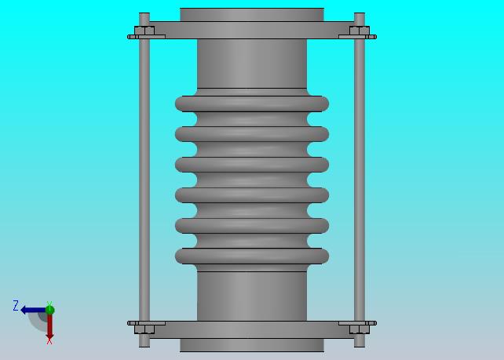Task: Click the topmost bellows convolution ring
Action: coord(252,104)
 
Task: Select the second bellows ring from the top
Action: coord(252,134)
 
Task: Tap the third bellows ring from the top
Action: coord(252,165)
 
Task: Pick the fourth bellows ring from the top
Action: coord(252,195)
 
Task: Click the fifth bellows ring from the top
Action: coord(252,225)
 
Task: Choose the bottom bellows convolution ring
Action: coord(252,256)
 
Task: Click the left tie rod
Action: coord(144,180)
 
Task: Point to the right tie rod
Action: coord(360,180)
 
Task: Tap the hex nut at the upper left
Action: coord(144,31)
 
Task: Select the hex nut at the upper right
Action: coord(360,31)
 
